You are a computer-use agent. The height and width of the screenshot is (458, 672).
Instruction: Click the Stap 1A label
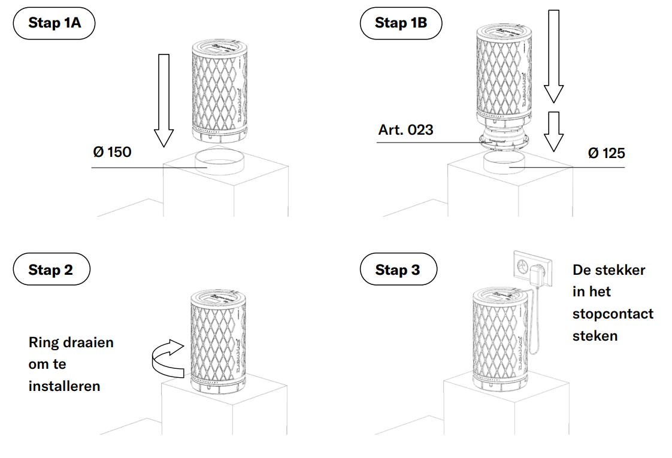(55, 25)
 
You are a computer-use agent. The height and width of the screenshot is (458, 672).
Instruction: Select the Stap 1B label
(401, 23)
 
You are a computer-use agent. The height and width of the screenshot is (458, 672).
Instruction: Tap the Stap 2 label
(51, 270)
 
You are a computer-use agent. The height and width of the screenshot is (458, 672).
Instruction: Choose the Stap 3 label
(398, 270)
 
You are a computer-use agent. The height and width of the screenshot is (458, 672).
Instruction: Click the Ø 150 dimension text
(112, 152)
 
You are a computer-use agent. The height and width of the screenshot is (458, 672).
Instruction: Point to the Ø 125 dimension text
(606, 153)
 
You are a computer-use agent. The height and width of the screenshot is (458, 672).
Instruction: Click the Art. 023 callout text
(405, 129)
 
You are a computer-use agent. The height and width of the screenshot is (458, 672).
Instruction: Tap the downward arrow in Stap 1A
(162, 99)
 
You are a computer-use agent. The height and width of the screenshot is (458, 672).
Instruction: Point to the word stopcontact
(613, 314)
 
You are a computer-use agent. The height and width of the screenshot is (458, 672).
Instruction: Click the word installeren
(64, 386)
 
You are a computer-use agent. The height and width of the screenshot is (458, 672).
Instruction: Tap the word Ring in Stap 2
(44, 342)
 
